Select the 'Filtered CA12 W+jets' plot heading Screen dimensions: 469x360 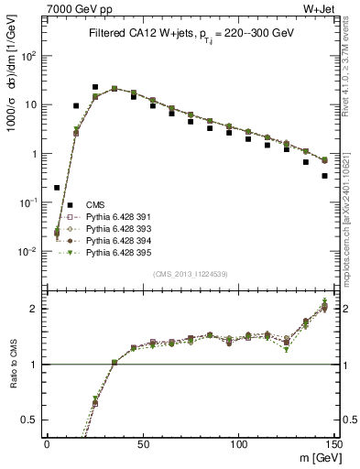(189, 33)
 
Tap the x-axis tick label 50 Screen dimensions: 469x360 (143, 443)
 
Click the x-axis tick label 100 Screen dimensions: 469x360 (238, 443)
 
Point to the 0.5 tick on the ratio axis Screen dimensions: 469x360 (35, 420)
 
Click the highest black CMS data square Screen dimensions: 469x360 (95, 87)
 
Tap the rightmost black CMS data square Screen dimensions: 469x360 (324, 176)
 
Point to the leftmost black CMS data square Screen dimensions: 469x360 (57, 187)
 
